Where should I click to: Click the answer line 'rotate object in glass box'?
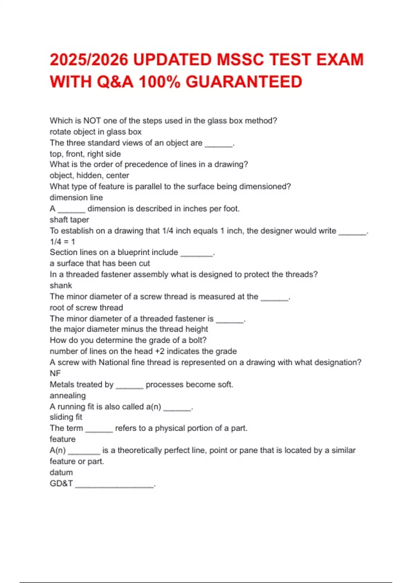coord(95,132)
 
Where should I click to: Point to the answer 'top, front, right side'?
coord(85,154)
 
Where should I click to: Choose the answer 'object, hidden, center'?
coord(89,175)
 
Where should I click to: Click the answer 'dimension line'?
coord(76,198)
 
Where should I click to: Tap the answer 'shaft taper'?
coord(69,219)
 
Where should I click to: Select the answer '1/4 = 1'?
coord(62,242)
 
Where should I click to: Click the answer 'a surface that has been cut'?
coord(100,263)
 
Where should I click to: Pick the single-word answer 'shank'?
coord(61,285)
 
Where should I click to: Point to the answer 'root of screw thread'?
coord(86,308)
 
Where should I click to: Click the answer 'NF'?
coord(55,373)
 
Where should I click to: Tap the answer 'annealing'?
coord(68,395)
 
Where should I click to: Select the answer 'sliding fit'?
coord(66,417)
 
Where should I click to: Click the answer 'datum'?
coord(61,472)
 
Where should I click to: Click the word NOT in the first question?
coord(92,121)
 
